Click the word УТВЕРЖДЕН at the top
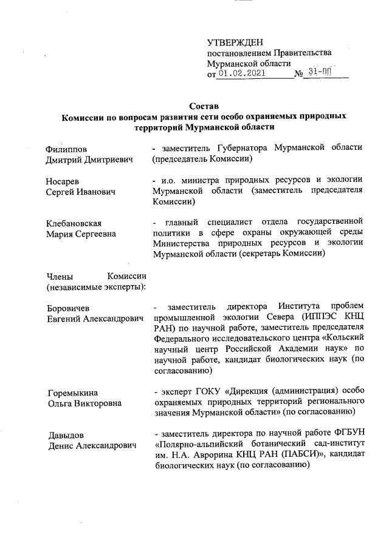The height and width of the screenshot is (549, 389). point(235,42)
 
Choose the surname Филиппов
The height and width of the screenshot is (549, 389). point(66,149)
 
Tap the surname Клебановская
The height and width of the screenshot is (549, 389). point(74,224)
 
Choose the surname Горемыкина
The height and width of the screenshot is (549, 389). point(72,392)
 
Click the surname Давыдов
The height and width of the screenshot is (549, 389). point(65,435)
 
